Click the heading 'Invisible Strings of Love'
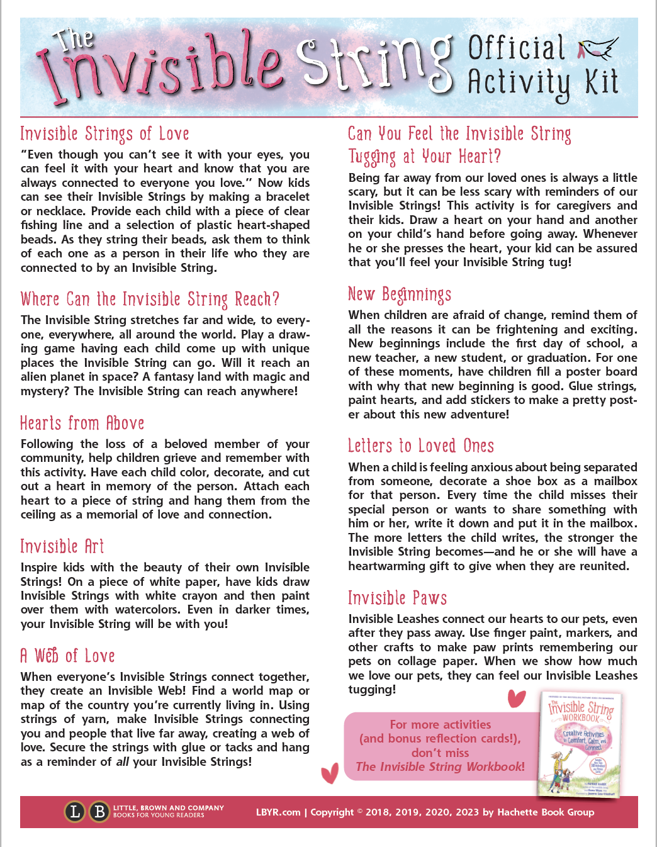click(x=104, y=134)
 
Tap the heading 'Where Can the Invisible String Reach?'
click(x=150, y=299)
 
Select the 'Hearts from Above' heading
click(x=82, y=423)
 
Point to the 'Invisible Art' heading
click(x=62, y=546)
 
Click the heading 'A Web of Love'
click(x=68, y=656)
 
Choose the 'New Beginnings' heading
click(x=400, y=294)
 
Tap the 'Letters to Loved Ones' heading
click(x=421, y=446)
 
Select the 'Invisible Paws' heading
click(x=398, y=598)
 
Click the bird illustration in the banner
click(x=598, y=49)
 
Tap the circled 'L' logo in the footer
click(x=75, y=812)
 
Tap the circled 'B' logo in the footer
click(x=99, y=812)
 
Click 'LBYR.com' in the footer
click(x=278, y=812)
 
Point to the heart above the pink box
click(x=516, y=698)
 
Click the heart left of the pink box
click(x=330, y=773)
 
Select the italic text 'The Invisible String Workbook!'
click(x=440, y=766)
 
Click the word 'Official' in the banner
click(x=517, y=48)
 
